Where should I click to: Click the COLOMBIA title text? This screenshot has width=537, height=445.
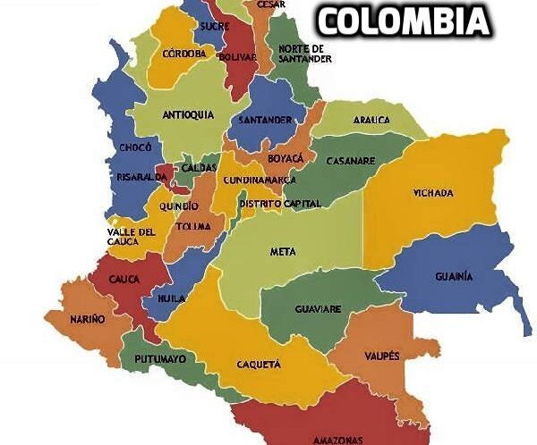click(405, 21)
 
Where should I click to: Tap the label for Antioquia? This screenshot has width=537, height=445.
click(188, 115)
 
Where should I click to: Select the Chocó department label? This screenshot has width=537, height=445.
click(135, 147)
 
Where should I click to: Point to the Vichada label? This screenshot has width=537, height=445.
click(433, 193)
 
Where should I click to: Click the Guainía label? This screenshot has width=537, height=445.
click(455, 276)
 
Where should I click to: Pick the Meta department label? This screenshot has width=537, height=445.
click(283, 252)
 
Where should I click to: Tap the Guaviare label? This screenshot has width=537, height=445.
click(318, 309)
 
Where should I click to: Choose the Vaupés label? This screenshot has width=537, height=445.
click(382, 356)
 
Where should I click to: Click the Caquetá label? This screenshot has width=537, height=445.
click(259, 365)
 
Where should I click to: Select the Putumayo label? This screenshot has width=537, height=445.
click(160, 358)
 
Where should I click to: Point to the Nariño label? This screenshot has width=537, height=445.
click(88, 318)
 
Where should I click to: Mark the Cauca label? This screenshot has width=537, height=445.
click(124, 280)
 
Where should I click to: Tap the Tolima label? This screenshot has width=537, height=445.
click(194, 226)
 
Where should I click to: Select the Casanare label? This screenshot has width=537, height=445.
click(350, 162)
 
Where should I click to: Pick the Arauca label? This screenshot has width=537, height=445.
click(371, 119)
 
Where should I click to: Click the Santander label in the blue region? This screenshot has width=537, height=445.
click(264, 119)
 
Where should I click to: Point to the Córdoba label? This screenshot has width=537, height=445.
click(184, 54)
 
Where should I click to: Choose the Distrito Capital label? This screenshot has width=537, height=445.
click(280, 204)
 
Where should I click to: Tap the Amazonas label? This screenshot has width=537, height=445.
click(337, 440)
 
